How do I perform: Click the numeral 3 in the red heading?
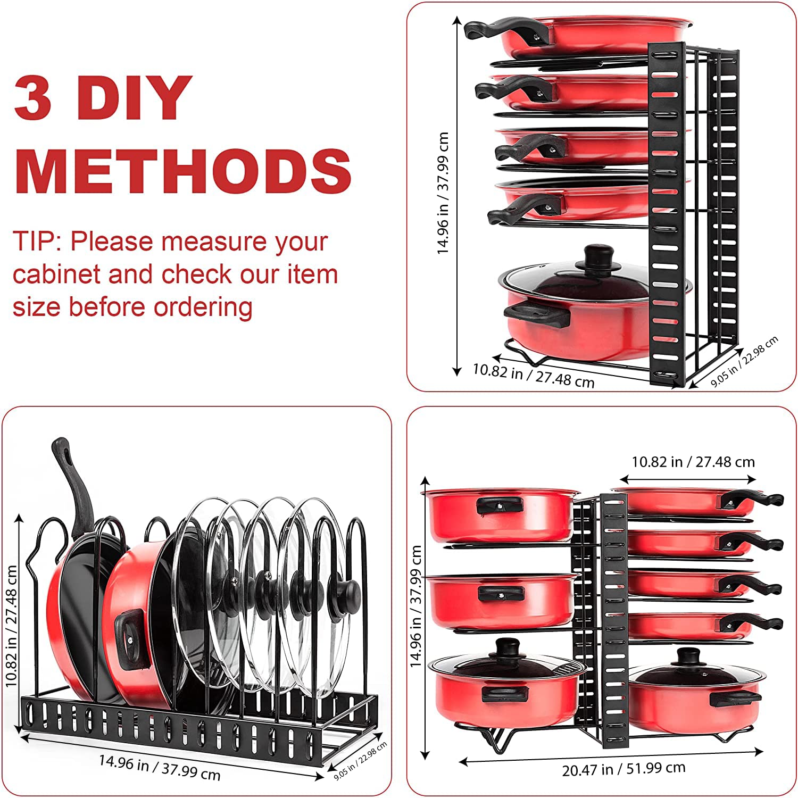[33, 97]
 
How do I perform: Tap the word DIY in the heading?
[134, 97]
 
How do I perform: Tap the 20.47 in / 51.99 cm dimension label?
[624, 769]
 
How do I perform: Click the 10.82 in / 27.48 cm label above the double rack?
[693, 462]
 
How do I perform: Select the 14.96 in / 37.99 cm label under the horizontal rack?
[160, 767]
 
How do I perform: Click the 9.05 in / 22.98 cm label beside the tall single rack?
[745, 361]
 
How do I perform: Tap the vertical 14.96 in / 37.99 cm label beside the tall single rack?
[443, 193]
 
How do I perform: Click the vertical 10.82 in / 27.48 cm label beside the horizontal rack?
[12, 626]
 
